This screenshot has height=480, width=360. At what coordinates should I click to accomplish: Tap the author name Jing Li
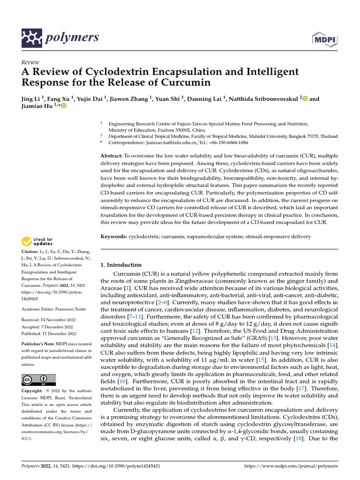31,99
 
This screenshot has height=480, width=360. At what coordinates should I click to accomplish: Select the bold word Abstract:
112,155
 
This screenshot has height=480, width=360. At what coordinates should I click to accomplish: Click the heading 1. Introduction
121,265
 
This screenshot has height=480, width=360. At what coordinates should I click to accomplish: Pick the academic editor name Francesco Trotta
70,309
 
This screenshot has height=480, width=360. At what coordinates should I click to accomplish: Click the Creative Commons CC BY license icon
38,379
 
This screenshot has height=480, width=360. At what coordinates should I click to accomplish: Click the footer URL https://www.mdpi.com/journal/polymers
291,466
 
